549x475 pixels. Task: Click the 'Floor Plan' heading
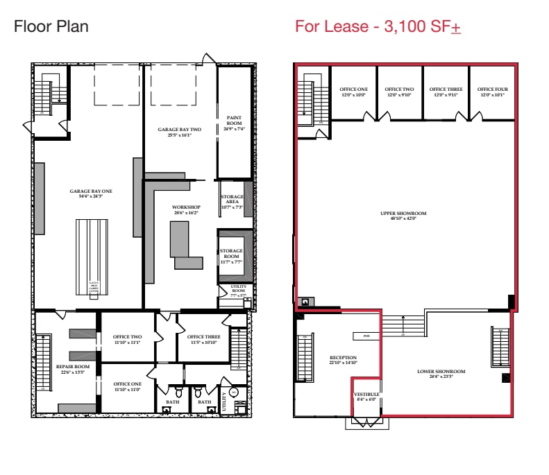click(51, 27)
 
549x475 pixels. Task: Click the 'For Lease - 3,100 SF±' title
click(378, 27)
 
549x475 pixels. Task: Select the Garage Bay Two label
click(178, 130)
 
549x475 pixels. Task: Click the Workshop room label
click(186, 207)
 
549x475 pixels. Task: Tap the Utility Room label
click(228, 291)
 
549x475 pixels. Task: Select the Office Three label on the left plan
click(203, 337)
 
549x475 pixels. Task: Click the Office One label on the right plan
click(353, 89)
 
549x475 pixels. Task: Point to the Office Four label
click(491, 89)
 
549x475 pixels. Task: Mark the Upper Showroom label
click(403, 214)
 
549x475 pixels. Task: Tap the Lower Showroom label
click(441, 372)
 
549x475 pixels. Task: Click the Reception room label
click(343, 359)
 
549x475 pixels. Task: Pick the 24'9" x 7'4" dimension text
click(233, 129)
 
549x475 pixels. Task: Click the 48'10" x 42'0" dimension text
click(403, 218)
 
